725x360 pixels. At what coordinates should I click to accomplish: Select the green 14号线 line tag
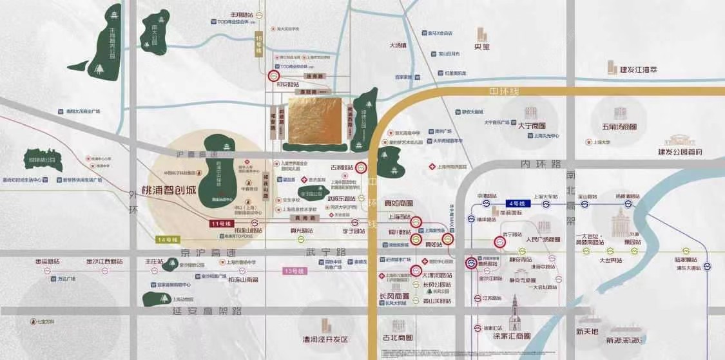point(167,240)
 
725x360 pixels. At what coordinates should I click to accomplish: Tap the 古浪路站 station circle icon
point(362,167)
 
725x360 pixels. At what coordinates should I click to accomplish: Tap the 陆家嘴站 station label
point(687,260)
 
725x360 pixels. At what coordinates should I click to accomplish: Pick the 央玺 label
point(482,46)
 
